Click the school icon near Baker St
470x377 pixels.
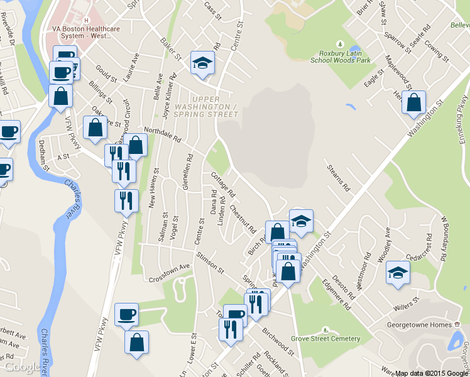pos(202,63)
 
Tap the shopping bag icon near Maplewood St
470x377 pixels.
pos(414,103)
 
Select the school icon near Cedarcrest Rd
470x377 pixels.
pos(398,273)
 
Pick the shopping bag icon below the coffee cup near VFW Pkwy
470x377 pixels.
pos(136,343)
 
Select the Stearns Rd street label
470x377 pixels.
pos(338,177)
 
